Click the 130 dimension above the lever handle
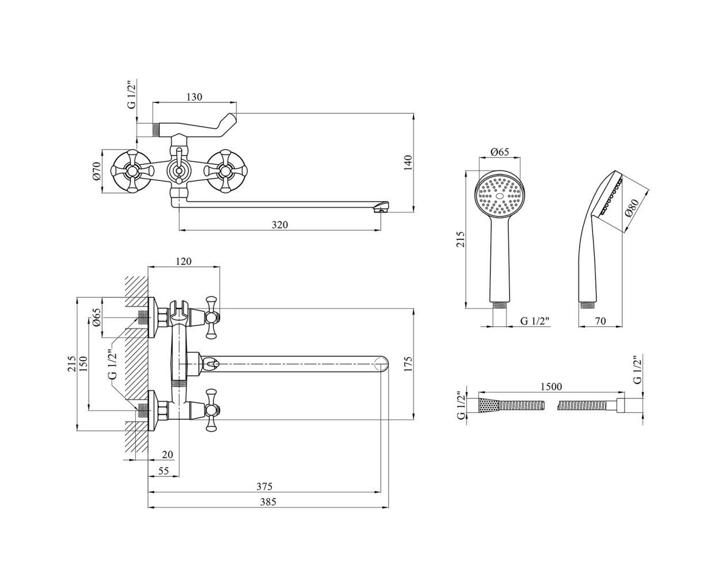point(194,97)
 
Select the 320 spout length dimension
point(279,225)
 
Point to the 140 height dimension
point(408,163)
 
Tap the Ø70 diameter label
point(97,171)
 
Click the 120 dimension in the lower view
point(184,261)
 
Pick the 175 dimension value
point(408,363)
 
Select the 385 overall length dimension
point(268,502)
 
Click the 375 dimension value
point(264,486)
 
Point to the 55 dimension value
point(163,471)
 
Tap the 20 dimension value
point(167,455)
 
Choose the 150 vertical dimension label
point(83,363)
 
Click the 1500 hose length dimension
point(551,386)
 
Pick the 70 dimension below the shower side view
point(600,321)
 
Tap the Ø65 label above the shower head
point(500,152)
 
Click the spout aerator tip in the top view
point(381,207)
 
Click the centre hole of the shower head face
point(500,196)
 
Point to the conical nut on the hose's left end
point(489,406)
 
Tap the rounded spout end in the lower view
point(381,365)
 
